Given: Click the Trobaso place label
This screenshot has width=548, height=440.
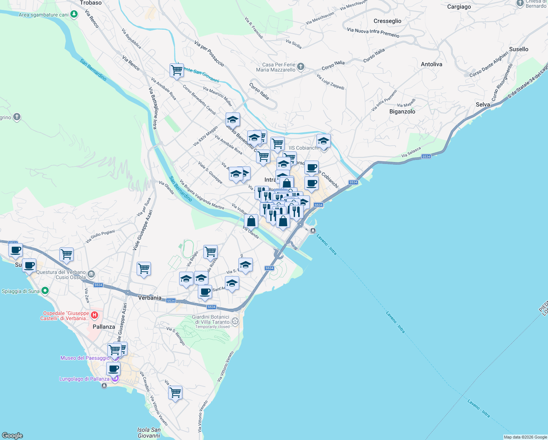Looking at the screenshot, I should coord(91,3).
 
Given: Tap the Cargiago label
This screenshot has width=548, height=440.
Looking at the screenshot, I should coord(459,7).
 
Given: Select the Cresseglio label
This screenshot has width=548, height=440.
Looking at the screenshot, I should coord(387,21).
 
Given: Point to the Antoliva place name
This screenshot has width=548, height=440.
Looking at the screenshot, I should coord(431,64).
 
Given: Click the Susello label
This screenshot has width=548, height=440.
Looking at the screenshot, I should coord(518,49).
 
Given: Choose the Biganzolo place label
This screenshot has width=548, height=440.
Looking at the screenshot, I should coord(402,111).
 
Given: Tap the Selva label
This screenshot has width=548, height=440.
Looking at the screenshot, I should coord(482,104).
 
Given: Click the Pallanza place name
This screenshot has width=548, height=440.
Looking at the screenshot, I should coord(104,327).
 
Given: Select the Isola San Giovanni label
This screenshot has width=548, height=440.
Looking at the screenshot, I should coord(149,433).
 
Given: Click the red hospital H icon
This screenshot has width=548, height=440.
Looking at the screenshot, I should coord(95,315).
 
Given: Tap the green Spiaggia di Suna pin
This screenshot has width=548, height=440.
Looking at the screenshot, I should coord(45,291).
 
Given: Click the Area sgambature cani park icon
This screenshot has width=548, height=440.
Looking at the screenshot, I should coord(74,15).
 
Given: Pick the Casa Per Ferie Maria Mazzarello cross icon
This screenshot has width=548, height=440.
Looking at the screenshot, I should coord(301,67).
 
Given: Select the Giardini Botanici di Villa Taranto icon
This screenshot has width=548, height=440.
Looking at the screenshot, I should coord(235,322).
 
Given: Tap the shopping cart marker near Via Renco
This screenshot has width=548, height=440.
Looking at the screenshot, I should coord(177,70).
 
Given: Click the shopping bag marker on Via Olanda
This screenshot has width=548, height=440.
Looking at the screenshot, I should coord(251,221).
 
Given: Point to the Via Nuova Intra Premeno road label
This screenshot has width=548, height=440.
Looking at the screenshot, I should coord(373,33).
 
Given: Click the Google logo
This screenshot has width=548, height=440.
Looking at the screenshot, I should coord(12,436).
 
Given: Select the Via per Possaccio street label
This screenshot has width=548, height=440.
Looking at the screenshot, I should coord(209,54).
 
